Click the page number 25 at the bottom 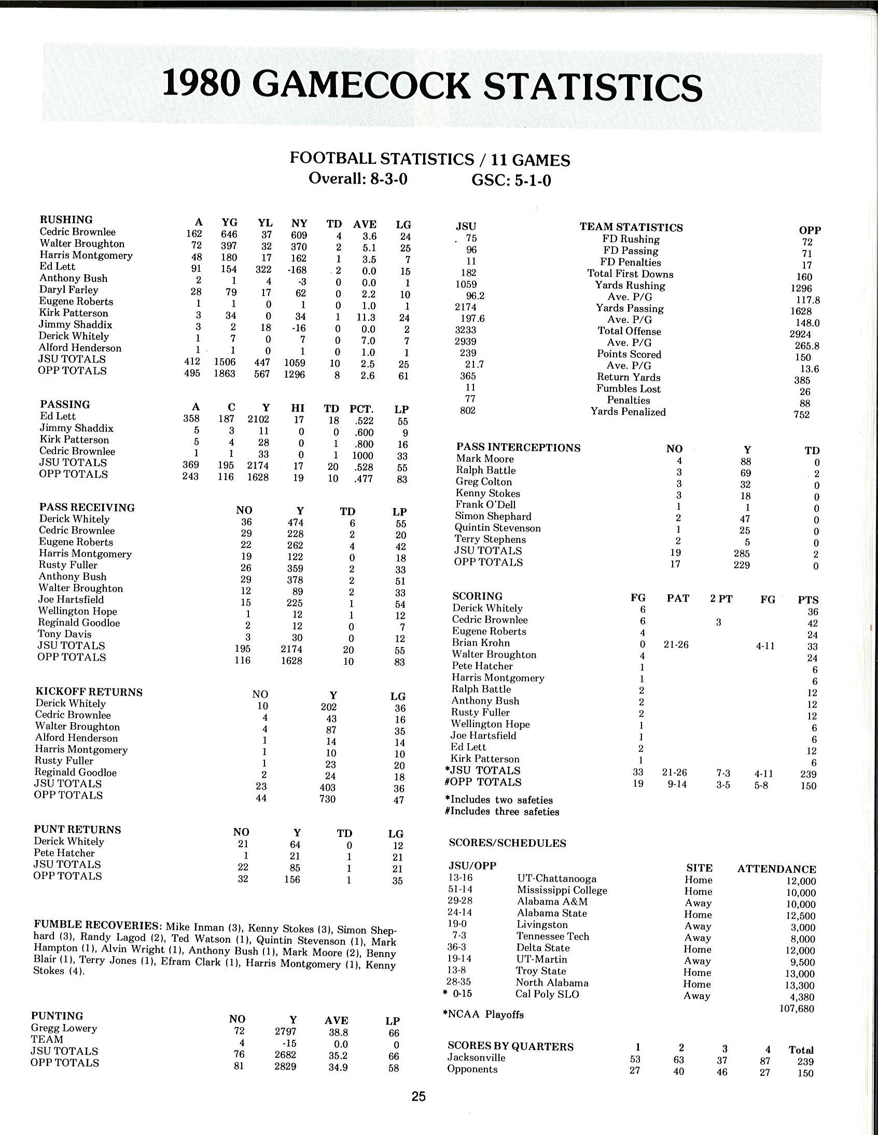[x=419, y=1096]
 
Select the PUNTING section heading [x=57, y=1015]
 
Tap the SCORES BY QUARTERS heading [x=510, y=1046]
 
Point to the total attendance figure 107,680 [x=797, y=1008]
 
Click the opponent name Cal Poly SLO [x=547, y=994]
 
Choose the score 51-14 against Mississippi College [x=460, y=890]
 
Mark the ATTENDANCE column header [x=777, y=869]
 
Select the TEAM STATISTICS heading [x=631, y=227]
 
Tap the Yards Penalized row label [x=628, y=412]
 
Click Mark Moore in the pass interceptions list [x=484, y=458]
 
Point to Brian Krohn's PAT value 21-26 [x=676, y=645]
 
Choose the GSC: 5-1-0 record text [x=511, y=180]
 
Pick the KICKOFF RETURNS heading [x=88, y=692]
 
